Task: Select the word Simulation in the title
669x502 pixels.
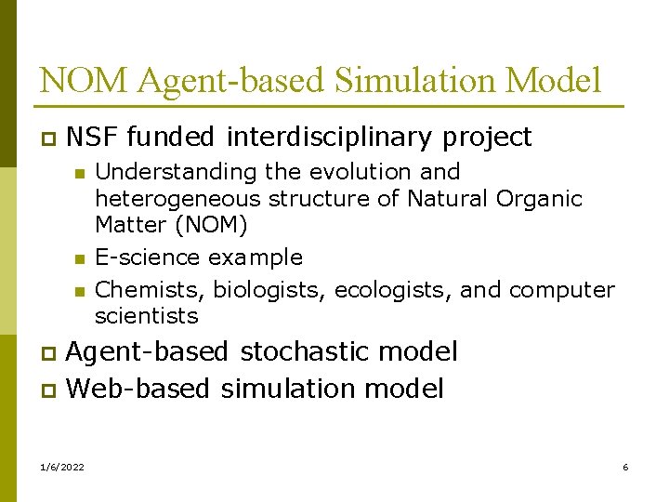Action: (x=421, y=81)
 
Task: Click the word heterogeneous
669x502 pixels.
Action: (x=178, y=198)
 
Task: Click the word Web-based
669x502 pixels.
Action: (x=138, y=388)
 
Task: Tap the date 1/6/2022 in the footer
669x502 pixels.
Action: (x=62, y=467)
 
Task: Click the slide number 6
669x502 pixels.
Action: (x=625, y=467)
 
